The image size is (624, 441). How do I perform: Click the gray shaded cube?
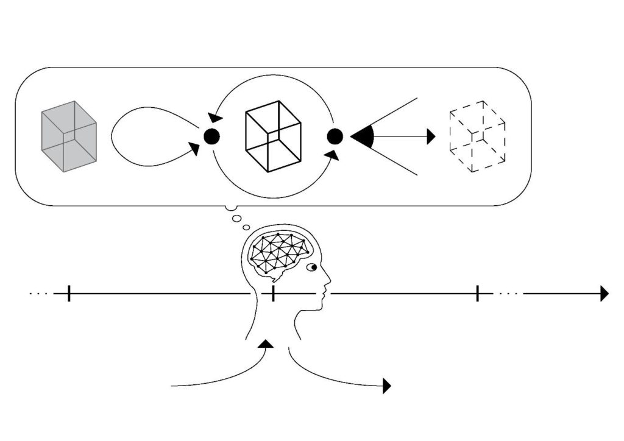coord(68,136)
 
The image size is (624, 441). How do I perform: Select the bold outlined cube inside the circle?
coord(272,135)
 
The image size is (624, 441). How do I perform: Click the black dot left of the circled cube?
coord(211,136)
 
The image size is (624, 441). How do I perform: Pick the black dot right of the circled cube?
coord(335,136)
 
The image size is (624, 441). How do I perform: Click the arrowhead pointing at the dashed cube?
coord(431,136)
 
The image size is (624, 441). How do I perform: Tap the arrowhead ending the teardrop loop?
coord(194,148)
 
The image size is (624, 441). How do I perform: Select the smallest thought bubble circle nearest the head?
coord(246,228)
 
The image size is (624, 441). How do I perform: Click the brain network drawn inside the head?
coord(280,252)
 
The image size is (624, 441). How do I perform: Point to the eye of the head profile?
coord(313,267)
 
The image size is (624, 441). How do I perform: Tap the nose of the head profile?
coord(328,281)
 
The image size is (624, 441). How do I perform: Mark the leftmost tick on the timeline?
coord(69,294)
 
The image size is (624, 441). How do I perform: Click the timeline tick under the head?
coord(273,294)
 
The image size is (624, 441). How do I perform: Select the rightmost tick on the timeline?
coord(477,294)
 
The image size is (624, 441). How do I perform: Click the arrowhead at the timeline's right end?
coord(604,294)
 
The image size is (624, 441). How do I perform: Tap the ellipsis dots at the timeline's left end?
coord(38,294)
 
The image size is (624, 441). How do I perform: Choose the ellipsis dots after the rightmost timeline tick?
coord(508,294)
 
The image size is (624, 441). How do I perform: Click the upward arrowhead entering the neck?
coord(266,344)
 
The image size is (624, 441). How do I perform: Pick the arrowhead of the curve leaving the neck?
coord(386,386)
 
